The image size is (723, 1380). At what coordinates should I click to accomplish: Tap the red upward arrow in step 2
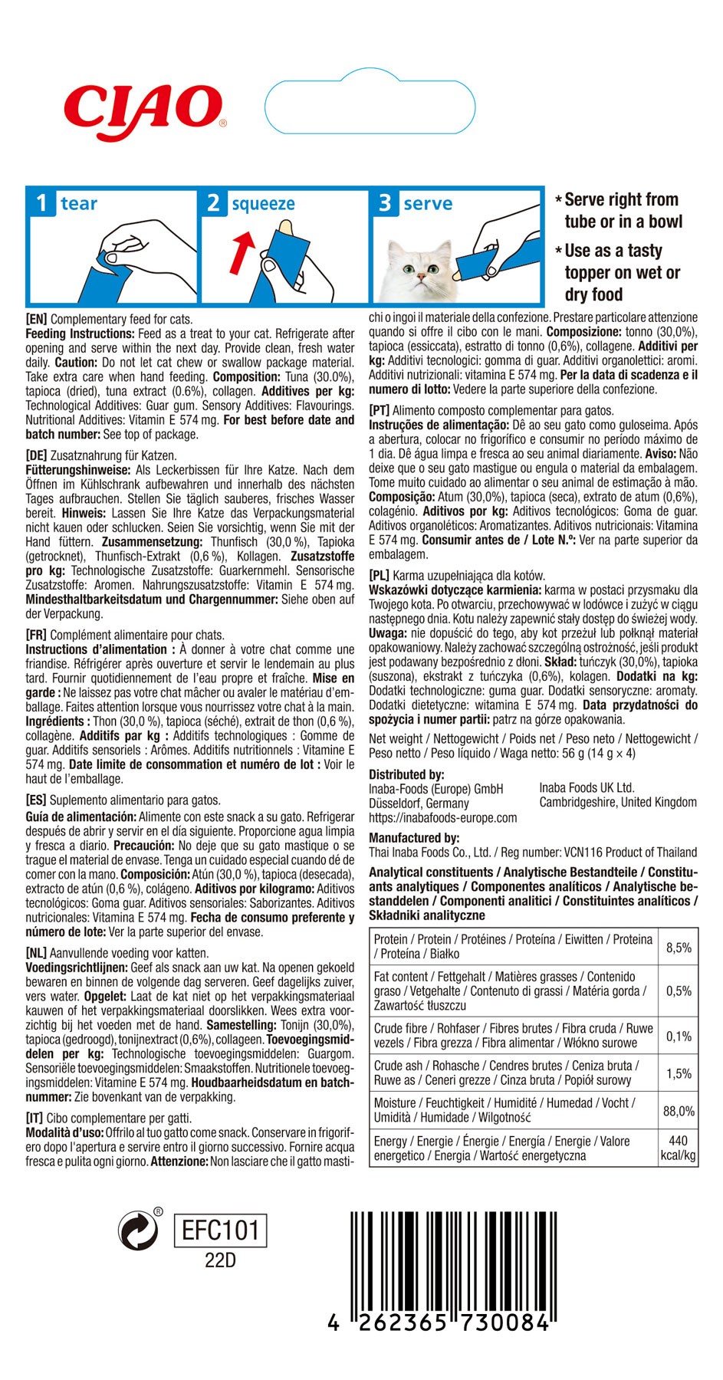[x=242, y=254]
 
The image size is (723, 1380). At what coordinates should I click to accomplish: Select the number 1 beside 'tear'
[x=41, y=203]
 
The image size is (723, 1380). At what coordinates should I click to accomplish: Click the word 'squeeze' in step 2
[x=263, y=204]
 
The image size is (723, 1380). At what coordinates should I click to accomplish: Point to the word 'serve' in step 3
[x=428, y=204]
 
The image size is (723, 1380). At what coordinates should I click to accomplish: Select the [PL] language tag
[x=380, y=576]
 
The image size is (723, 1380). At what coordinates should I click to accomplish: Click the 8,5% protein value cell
[x=679, y=948]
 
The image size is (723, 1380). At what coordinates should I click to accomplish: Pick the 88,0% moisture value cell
[x=679, y=1111]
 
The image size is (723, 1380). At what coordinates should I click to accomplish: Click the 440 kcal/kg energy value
[x=678, y=1148]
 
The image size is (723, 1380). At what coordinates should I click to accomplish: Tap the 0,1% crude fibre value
[x=679, y=1037]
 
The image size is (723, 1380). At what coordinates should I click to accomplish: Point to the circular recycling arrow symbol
[x=138, y=1231]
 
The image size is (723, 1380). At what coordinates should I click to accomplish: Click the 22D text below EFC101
[x=220, y=1261]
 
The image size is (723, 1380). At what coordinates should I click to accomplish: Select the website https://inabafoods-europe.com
[x=442, y=818]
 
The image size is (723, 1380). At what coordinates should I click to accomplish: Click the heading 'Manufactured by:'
[x=414, y=838]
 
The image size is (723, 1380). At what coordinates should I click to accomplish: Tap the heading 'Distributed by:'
[x=406, y=774]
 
